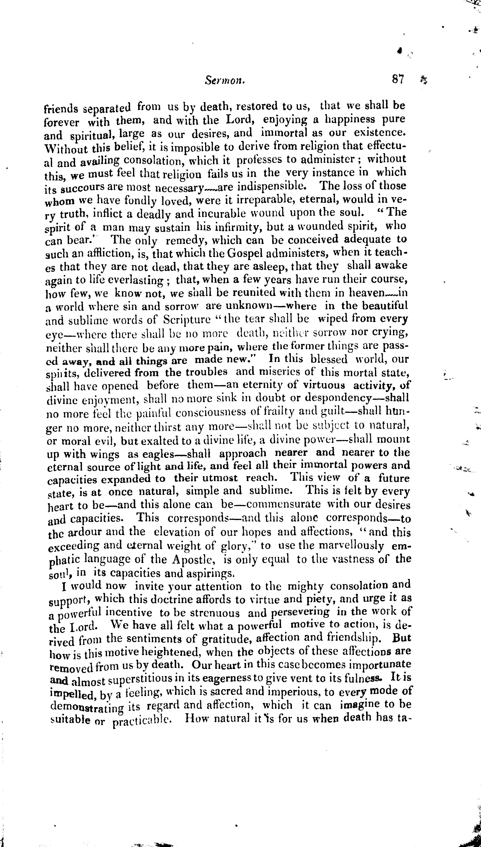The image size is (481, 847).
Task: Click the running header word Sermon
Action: point(225,80)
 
